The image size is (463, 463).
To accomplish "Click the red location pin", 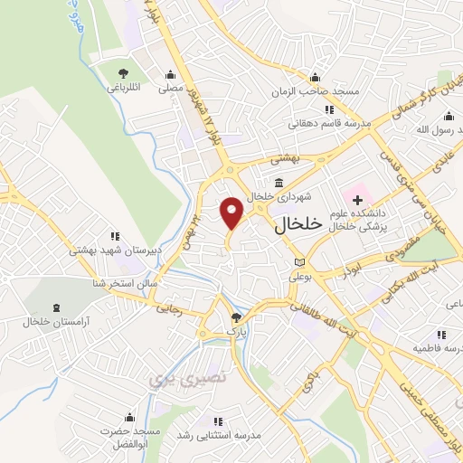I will point(231,213).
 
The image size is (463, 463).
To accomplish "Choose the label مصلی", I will point(171,89).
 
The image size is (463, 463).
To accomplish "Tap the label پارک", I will point(236,333).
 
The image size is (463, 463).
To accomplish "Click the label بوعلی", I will point(299,279).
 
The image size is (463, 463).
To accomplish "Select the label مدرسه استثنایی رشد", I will point(217,437).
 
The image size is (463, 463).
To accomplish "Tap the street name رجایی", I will point(170,308).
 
